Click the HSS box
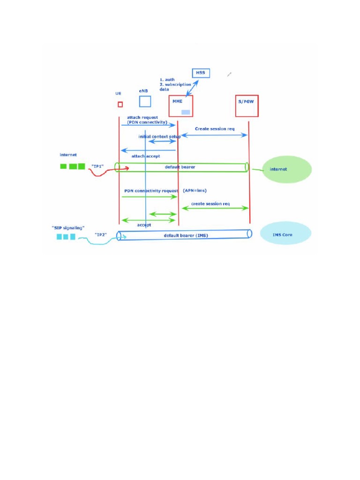[x=201, y=73]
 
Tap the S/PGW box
[x=247, y=106]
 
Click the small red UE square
[x=120, y=104]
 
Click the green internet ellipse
[x=287, y=169]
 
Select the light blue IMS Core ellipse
[x=285, y=234]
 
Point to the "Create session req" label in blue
[x=215, y=128]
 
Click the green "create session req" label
[x=210, y=204]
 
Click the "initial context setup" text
[x=159, y=136]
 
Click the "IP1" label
[x=97, y=166]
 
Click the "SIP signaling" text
[x=68, y=228]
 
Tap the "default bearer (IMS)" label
[x=183, y=235]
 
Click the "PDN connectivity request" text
[x=150, y=191]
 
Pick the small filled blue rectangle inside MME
[x=186, y=112]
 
